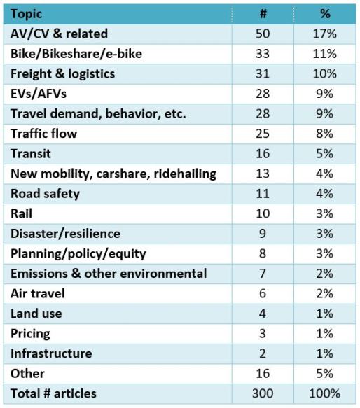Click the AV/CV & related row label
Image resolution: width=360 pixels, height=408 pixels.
click(59, 34)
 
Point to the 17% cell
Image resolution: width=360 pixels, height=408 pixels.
click(326, 34)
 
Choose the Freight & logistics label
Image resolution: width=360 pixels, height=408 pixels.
click(62, 73)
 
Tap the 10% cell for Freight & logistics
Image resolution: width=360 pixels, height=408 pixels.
click(326, 73)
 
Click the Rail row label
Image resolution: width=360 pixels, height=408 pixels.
click(21, 213)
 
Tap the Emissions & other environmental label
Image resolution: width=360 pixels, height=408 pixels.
click(109, 273)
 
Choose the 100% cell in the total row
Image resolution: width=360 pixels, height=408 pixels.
click(326, 393)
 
